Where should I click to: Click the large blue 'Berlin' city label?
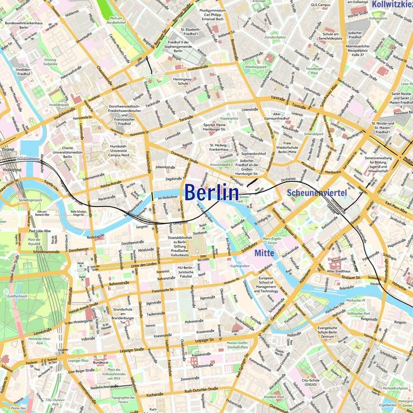point(211,192)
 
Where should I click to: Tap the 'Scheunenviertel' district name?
point(317,193)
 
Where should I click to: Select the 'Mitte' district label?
point(264,252)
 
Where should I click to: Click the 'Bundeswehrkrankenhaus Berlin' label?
point(24,26)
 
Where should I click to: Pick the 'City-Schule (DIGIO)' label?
point(310,382)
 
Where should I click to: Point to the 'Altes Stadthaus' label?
point(338,271)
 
